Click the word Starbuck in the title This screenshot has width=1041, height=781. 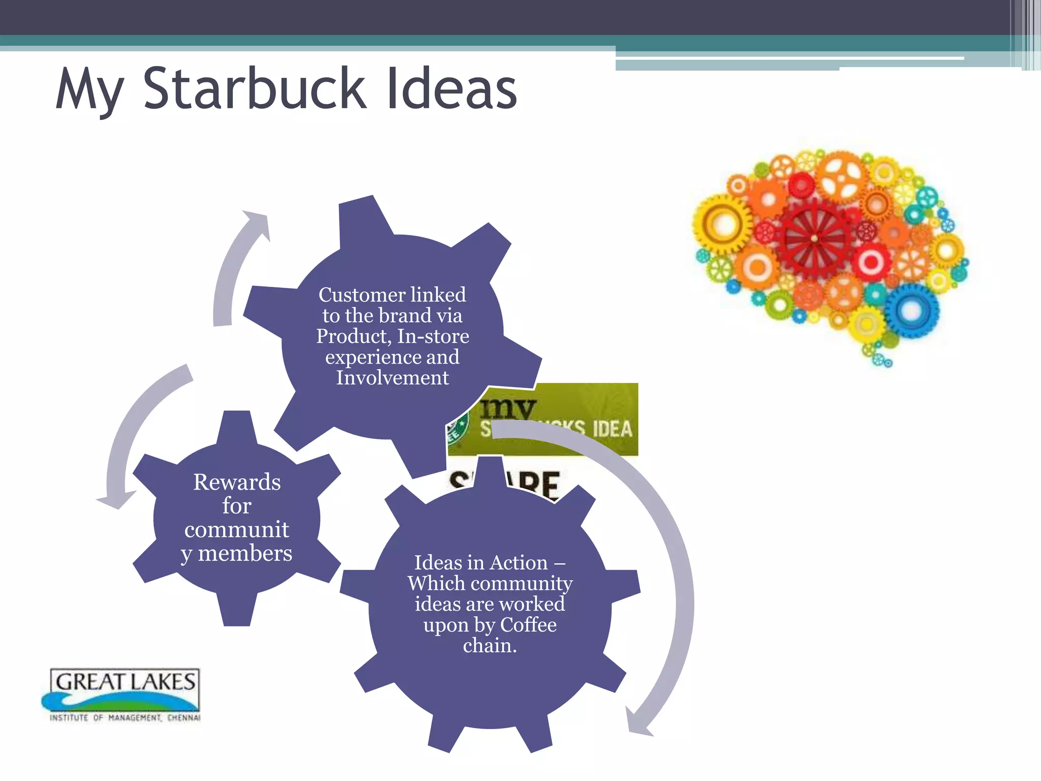point(254,89)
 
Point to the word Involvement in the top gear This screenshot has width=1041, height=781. point(392,378)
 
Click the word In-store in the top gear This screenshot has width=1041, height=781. point(433,336)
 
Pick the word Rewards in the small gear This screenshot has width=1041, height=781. point(237,482)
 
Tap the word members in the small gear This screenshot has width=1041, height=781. point(245,553)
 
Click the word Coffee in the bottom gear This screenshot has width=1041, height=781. point(528,625)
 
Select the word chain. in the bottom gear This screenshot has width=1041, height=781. point(489,646)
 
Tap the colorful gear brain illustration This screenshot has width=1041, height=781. point(831,254)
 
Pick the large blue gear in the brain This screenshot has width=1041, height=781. point(911,310)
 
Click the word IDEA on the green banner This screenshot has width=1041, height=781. point(613,429)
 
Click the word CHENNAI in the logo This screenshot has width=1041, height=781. point(183,718)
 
